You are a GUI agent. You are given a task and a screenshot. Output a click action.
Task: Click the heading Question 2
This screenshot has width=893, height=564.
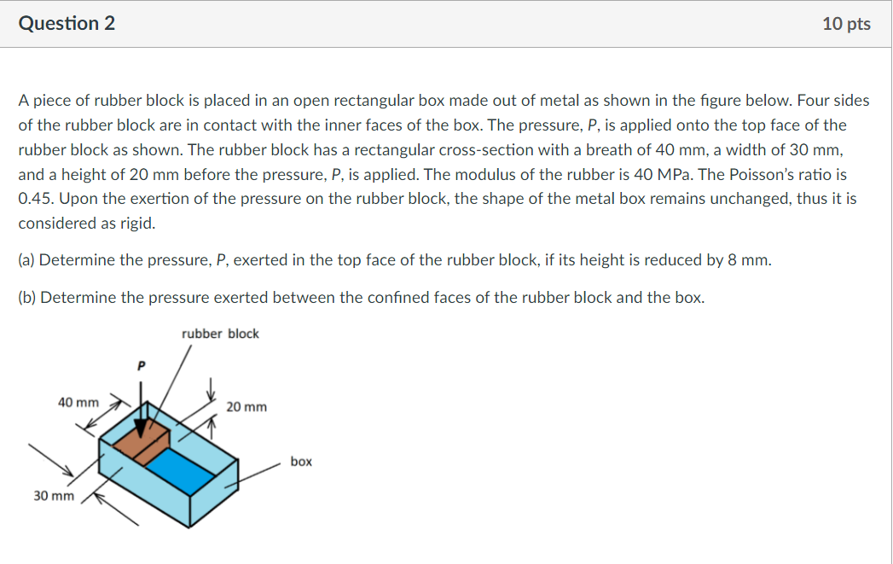point(67,24)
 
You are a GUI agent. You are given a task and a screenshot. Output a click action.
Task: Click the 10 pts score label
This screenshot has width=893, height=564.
point(846,24)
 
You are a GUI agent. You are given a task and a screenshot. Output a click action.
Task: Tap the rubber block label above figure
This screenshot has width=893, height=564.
point(220,334)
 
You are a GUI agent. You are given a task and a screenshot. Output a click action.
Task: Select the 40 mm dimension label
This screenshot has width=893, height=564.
point(78,402)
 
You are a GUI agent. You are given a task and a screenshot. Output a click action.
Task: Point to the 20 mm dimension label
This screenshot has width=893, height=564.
point(246,407)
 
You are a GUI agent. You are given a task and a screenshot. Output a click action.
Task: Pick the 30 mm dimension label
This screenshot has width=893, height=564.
point(53,496)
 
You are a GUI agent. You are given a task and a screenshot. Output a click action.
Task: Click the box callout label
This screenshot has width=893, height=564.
point(301,462)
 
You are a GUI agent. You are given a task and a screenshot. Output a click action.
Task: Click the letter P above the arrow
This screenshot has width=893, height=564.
point(142,365)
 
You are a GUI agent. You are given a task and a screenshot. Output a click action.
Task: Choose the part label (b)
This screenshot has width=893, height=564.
point(27,298)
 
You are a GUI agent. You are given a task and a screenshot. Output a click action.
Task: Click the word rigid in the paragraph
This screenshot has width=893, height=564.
point(137,223)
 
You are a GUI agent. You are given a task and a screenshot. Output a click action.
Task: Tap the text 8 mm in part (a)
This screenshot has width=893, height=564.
point(751,259)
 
